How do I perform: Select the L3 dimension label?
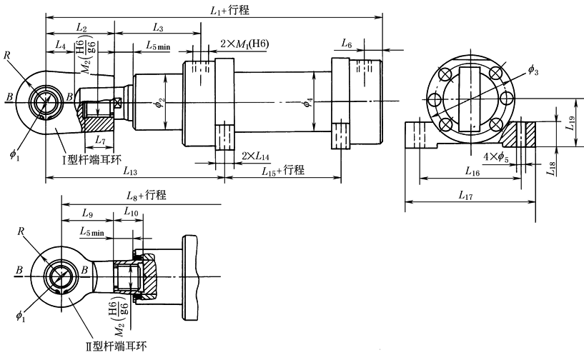click(159, 27)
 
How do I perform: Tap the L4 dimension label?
click(60, 46)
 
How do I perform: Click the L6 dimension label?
click(347, 44)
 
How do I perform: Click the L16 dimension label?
click(472, 172)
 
